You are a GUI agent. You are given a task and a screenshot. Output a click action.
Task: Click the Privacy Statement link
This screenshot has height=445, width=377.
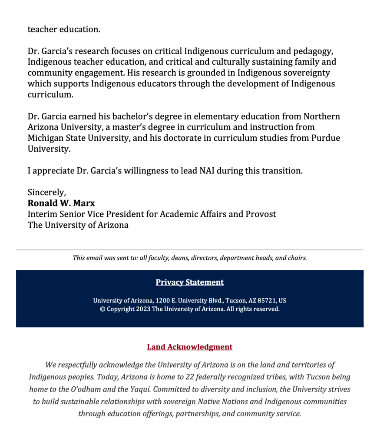(189, 282)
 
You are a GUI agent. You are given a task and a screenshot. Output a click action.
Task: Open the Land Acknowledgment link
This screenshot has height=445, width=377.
(189, 347)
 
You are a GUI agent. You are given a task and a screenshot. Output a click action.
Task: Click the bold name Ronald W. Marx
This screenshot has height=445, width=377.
(61, 203)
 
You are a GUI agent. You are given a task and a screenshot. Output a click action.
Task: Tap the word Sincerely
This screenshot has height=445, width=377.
(46, 192)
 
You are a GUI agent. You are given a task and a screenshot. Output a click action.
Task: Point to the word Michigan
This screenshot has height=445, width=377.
(46, 138)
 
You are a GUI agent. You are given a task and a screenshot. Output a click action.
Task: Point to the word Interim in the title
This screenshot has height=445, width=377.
(43, 214)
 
